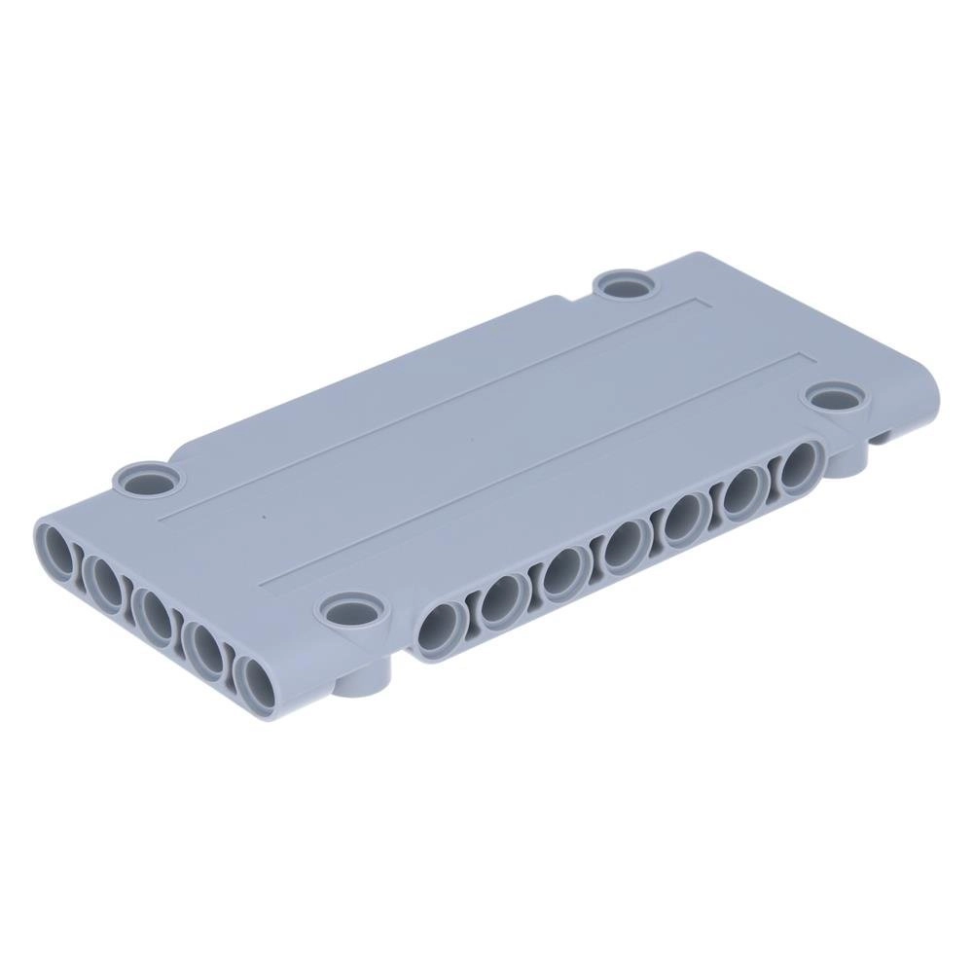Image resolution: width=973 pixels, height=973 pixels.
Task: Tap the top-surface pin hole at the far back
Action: (x=624, y=285)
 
